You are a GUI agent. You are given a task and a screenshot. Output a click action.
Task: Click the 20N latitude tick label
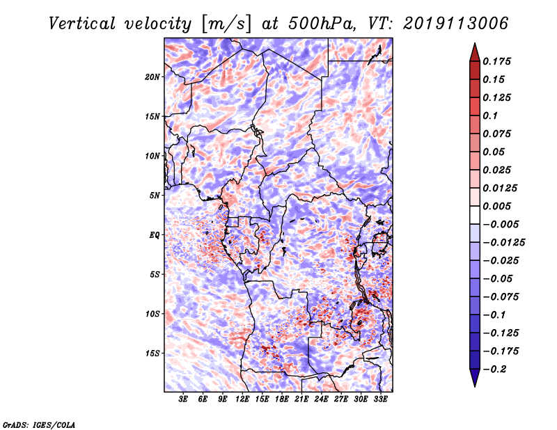tap(152, 77)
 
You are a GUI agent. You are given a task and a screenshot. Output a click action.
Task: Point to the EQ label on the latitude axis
tap(155, 234)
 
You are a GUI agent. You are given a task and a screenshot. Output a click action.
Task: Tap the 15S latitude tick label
tap(152, 353)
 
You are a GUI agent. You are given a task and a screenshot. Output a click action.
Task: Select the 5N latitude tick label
tap(155, 196)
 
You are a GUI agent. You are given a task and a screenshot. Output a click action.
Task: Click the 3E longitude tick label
tap(184, 400)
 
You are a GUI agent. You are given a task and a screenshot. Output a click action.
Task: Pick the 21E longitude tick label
tap(301, 400)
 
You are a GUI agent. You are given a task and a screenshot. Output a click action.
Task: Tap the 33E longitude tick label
tap(380, 400)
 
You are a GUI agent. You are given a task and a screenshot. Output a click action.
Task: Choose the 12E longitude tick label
tap(242, 400)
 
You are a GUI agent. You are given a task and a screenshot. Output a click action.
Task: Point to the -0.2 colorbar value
tap(498, 369)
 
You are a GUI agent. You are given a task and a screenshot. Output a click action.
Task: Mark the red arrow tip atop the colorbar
tap(474, 45)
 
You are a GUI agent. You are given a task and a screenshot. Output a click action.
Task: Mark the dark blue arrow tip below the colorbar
tap(474, 384)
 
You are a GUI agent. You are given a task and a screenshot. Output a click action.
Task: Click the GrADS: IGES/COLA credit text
tap(38, 423)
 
